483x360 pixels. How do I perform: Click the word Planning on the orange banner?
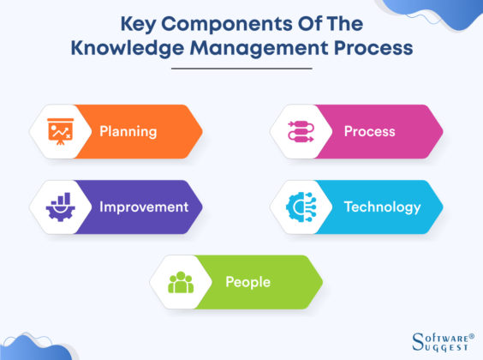point(128,132)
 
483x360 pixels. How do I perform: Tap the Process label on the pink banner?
point(369,132)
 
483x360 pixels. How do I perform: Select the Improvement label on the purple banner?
point(143,207)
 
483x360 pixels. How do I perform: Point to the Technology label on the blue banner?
point(382,207)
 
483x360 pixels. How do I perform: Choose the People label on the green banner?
point(247,282)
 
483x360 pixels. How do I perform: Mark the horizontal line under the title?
point(241,69)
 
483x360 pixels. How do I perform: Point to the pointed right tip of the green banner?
point(320,282)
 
